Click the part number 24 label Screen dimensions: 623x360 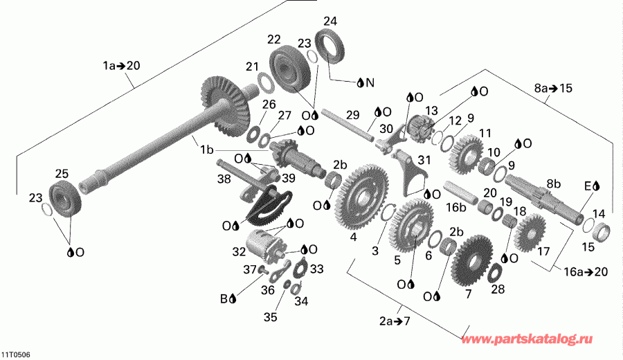click(x=330, y=21)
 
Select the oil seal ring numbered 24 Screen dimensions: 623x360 click(x=329, y=48)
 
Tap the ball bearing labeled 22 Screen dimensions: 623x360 click(x=291, y=69)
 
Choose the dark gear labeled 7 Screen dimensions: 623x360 click(x=473, y=260)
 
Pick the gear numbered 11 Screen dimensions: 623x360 click(x=467, y=155)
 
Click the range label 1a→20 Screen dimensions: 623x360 click(x=122, y=65)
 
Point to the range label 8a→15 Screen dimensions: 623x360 click(x=554, y=88)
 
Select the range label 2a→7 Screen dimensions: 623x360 click(x=394, y=321)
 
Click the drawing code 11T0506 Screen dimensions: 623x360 click(x=15, y=354)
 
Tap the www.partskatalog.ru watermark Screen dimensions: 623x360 click(x=527, y=339)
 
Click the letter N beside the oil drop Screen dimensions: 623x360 click(x=370, y=82)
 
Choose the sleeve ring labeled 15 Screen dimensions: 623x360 click(x=603, y=233)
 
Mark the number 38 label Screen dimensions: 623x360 click(x=224, y=179)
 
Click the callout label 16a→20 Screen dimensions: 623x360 click(x=586, y=272)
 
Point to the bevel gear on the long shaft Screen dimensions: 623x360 click(x=226, y=104)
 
